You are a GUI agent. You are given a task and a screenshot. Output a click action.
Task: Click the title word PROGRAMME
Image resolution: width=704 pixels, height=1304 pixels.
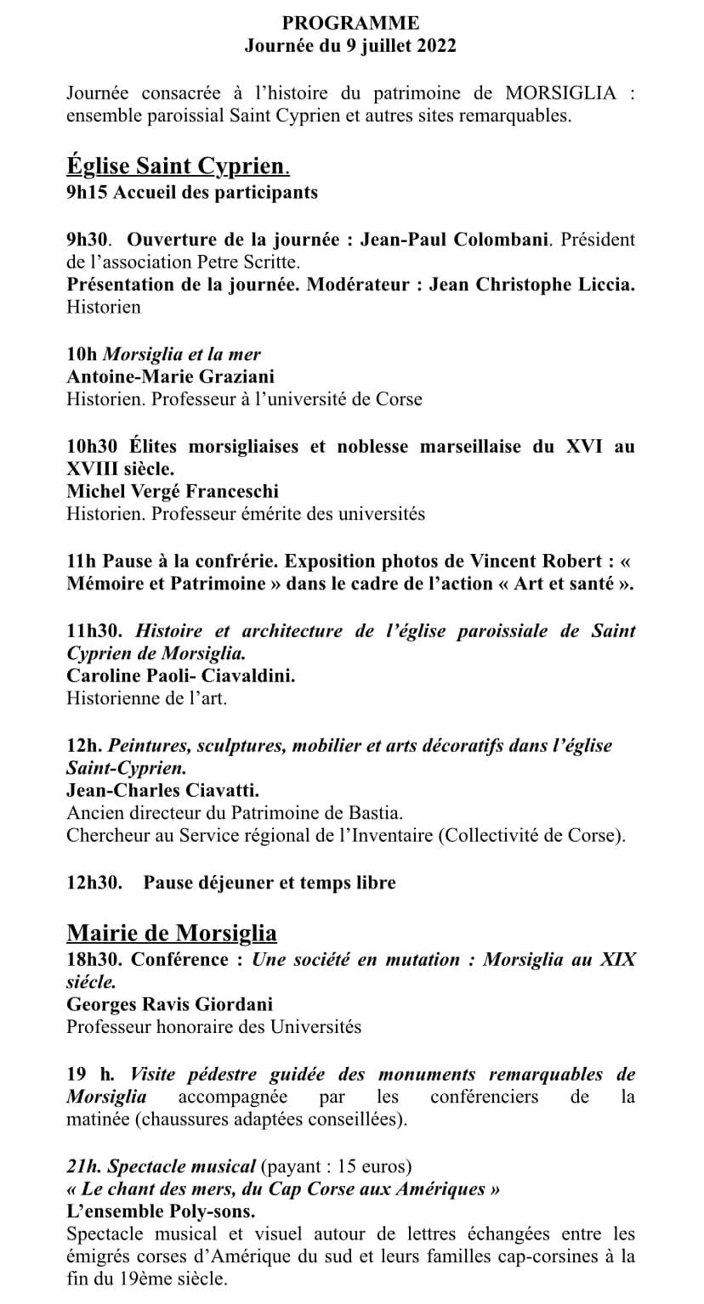coord(351,23)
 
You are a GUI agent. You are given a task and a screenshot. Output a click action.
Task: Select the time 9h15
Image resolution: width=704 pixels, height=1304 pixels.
coord(87,192)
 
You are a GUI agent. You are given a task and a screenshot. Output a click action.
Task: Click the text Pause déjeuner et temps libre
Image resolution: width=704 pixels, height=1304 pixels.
coord(270,883)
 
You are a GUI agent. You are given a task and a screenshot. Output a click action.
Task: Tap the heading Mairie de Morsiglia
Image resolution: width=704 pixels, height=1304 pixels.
coord(171,934)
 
